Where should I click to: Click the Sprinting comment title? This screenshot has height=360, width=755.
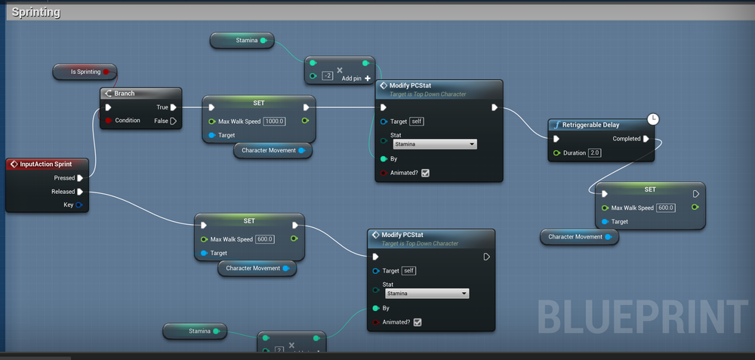(x=36, y=12)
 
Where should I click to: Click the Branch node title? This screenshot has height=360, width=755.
(x=125, y=94)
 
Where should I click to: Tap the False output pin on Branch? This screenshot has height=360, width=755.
(x=173, y=121)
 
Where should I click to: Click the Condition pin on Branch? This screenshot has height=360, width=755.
(x=109, y=121)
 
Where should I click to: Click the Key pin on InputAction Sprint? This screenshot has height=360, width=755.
(x=79, y=205)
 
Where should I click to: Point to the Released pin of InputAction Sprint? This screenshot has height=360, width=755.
(x=80, y=192)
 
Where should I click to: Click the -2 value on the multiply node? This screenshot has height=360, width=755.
(x=328, y=75)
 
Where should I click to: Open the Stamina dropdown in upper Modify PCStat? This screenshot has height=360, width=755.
(x=435, y=144)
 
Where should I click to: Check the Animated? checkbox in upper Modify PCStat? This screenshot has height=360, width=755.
(x=425, y=173)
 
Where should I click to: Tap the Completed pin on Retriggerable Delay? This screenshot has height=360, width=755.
(x=646, y=139)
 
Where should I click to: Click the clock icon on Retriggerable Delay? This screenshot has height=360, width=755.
(x=653, y=119)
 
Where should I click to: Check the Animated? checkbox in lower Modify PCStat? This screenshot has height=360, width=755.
(x=418, y=322)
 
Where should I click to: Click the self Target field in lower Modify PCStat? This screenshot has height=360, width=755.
(x=408, y=271)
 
